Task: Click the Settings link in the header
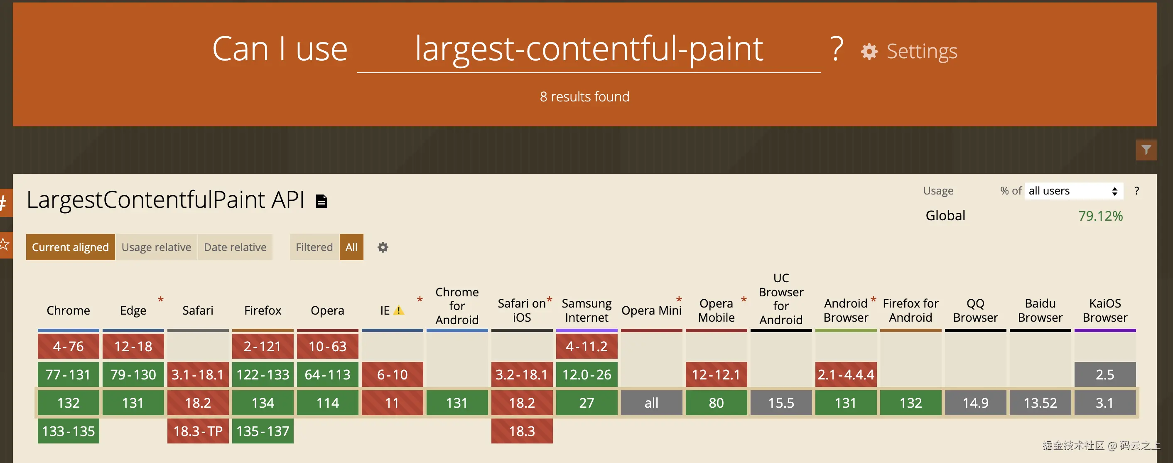click(x=909, y=51)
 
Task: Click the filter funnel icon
click(x=1146, y=150)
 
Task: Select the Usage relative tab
click(x=156, y=247)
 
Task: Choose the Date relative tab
click(x=235, y=247)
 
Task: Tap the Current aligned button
click(x=70, y=247)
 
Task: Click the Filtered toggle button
click(x=314, y=247)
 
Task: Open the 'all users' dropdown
click(x=1073, y=191)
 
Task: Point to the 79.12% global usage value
click(x=1100, y=216)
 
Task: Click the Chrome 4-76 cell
click(x=68, y=346)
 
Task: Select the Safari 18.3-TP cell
click(x=198, y=431)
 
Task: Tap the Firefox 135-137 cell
click(x=263, y=431)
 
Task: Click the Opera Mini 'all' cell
click(x=652, y=403)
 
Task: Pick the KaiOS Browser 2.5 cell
click(x=1105, y=374)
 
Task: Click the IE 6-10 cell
click(x=392, y=374)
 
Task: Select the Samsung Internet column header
click(x=586, y=310)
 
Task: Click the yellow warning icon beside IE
click(x=399, y=310)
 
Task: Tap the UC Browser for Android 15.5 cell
click(x=781, y=403)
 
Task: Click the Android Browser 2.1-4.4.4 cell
click(x=846, y=374)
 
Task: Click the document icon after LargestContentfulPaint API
click(x=321, y=201)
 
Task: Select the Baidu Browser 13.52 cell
click(x=1040, y=403)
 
